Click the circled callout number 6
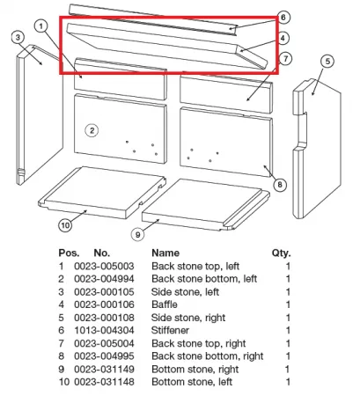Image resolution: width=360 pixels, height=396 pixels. pyautogui.click(x=283, y=18)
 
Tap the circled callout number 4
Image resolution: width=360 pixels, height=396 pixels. pyautogui.click(x=283, y=38)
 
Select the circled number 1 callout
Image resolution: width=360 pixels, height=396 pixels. pyautogui.click(x=41, y=26)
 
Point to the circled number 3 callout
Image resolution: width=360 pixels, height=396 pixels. pyautogui.click(x=18, y=38)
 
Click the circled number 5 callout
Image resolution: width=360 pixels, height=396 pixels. pyautogui.click(x=327, y=62)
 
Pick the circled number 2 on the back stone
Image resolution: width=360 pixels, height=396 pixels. pyautogui.click(x=92, y=130)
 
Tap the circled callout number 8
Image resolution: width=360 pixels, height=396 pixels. pyautogui.click(x=280, y=185)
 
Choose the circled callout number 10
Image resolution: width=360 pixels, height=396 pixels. pyautogui.click(x=65, y=225)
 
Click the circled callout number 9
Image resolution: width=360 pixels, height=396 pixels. pyautogui.click(x=138, y=234)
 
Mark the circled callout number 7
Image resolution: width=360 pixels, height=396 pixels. pyautogui.click(x=285, y=59)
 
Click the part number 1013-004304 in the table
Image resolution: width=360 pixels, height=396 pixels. pyautogui.click(x=104, y=330)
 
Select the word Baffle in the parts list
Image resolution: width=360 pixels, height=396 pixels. pyautogui.click(x=165, y=304)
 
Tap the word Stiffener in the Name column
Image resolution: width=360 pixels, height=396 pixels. pyautogui.click(x=170, y=330)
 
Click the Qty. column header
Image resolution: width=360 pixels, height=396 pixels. pyautogui.click(x=281, y=253)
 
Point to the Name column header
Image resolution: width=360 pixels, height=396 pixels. pyautogui.click(x=165, y=253)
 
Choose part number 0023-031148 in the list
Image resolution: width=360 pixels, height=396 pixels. pyautogui.click(x=104, y=382)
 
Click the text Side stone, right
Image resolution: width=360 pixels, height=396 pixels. pyautogui.click(x=188, y=318)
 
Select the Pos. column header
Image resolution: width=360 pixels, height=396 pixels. pyautogui.click(x=69, y=253)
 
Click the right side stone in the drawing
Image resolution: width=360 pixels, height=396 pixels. pyautogui.click(x=317, y=148)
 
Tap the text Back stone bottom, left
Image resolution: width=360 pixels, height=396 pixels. pyautogui.click(x=204, y=279)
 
